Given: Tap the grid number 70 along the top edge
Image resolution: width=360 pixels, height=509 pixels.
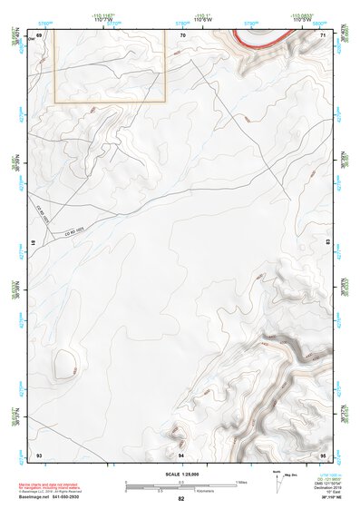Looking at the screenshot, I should tap(182, 34).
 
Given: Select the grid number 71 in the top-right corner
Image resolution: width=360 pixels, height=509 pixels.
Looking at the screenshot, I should tap(324, 34).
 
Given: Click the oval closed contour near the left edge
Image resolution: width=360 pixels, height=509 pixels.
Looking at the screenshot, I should tap(64, 364).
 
